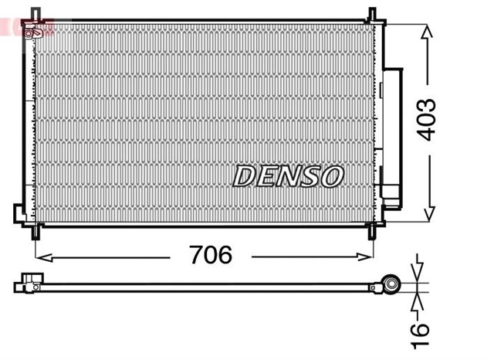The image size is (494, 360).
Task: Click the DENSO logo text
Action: coord(287,176)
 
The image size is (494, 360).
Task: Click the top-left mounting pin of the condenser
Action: coord(35,14)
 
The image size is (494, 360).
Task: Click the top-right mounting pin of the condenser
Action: coord(372,14)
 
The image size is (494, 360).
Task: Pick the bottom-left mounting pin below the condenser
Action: coord(36,231)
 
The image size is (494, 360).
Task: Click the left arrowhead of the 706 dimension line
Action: coord(41,255)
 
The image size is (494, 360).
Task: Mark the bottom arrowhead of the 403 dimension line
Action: coord(426,216)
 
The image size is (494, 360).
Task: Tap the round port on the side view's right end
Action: coord(392,286)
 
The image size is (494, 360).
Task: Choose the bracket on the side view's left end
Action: coord(28,284)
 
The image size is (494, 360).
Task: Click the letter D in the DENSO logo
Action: coord(245,176)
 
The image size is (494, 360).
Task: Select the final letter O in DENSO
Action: coord(331,176)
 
